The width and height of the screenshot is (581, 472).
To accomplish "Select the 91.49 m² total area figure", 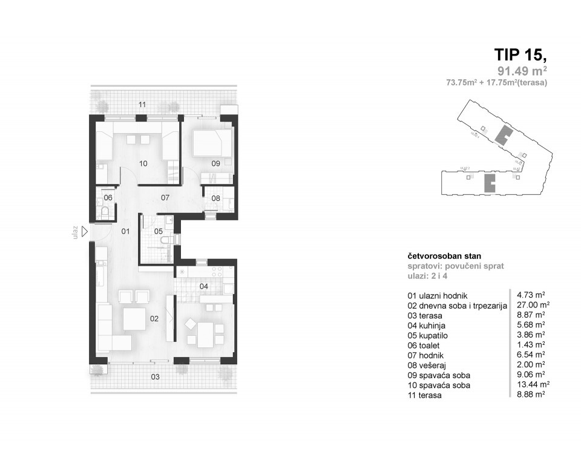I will point(522,73).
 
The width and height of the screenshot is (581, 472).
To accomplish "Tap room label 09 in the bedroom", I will point(215,162).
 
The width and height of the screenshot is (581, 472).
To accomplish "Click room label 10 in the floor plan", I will point(143,163).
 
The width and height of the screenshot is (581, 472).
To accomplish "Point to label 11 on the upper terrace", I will point(142,105).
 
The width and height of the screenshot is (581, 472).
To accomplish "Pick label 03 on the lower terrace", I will point(156,376).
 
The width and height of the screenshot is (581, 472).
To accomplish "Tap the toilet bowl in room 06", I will point(105,211).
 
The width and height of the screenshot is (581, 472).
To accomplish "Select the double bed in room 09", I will point(212,143).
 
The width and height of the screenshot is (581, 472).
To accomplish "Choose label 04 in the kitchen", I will point(204,286).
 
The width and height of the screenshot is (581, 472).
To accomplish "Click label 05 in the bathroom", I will point(158,231).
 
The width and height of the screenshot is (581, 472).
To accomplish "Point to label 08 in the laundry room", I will point(215,197).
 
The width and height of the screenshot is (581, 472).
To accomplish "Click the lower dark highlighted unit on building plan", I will point(488,183).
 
